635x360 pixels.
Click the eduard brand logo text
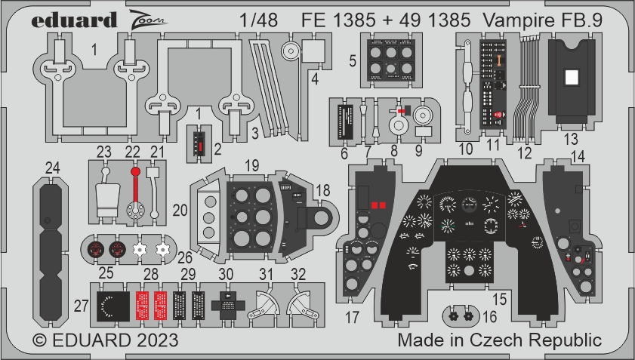75,20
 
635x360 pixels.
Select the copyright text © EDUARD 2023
106,340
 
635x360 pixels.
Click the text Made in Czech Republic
500,340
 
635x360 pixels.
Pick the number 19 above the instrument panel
252,164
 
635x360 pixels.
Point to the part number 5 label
353,60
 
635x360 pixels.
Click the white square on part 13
572,76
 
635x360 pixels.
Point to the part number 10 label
466,149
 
